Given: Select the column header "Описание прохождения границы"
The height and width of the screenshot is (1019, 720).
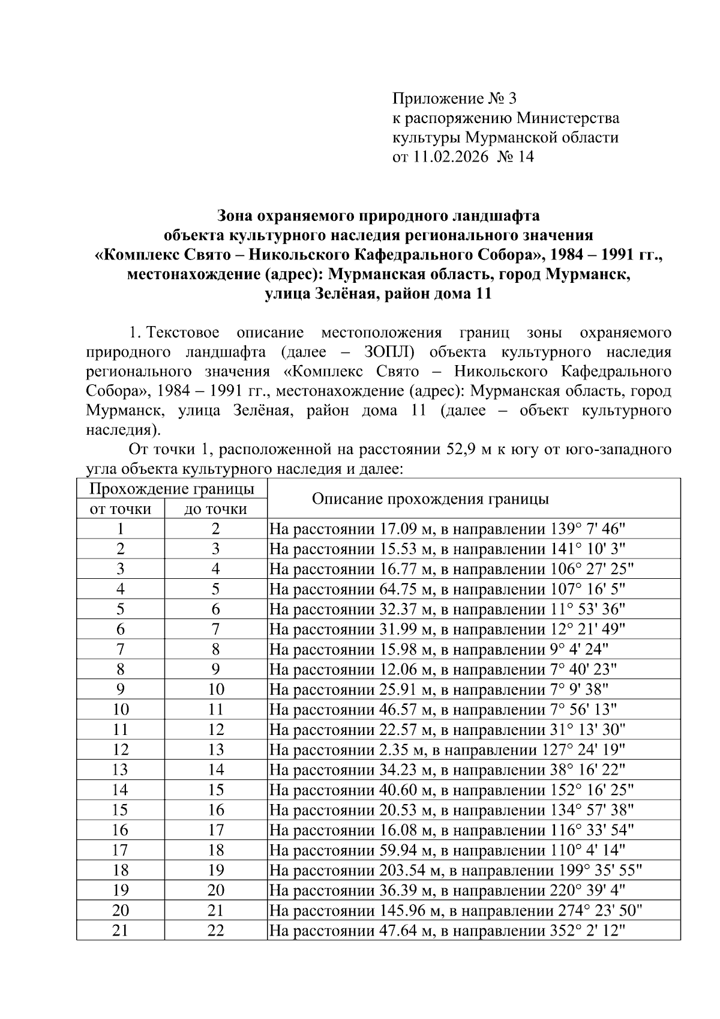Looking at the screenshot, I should tap(431, 499).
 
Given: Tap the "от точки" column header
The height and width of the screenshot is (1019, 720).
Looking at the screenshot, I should tap(120, 509).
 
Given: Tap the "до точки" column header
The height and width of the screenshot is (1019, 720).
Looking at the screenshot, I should tap(215, 509).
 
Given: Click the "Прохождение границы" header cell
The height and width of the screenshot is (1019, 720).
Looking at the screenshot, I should tap(172, 489).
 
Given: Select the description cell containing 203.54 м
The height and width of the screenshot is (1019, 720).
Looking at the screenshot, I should tap(456, 870).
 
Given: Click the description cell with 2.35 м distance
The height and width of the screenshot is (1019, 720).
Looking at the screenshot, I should tap(447, 749).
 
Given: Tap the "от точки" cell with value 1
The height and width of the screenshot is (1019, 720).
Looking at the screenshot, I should tap(121, 529).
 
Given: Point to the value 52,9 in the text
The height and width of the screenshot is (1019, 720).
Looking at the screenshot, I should tap(463, 449).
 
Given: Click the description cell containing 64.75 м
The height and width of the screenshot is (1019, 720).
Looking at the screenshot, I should tap(447, 589).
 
